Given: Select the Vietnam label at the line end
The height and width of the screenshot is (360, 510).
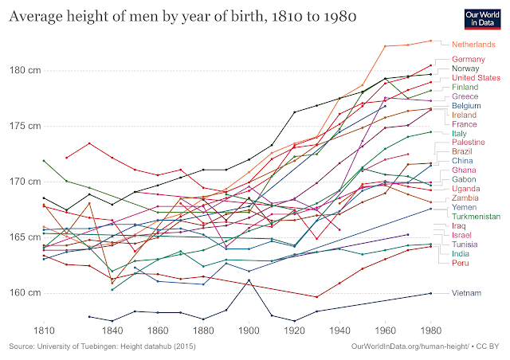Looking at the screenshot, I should pyautogui.click(x=468, y=293).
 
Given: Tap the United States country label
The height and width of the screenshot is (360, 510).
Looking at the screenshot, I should pyautogui.click(x=476, y=78).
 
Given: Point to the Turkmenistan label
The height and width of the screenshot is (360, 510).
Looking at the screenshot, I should pyautogui.click(x=476, y=216).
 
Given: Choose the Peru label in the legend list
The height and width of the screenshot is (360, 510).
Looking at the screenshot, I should pyautogui.click(x=461, y=263).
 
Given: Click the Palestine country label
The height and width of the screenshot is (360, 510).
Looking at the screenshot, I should pyautogui.click(x=469, y=142).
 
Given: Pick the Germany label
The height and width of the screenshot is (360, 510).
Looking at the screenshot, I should pyautogui.click(x=469, y=59).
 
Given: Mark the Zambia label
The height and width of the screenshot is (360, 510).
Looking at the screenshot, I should pyautogui.click(x=465, y=198).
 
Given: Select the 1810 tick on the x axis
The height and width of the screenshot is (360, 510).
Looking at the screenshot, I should pyautogui.click(x=43, y=330).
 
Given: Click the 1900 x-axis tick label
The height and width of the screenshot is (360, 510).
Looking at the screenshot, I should pyautogui.click(x=249, y=330).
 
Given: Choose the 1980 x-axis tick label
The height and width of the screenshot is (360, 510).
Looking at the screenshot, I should pyautogui.click(x=431, y=330).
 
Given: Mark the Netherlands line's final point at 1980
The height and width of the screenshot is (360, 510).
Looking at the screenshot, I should pyautogui.click(x=431, y=41).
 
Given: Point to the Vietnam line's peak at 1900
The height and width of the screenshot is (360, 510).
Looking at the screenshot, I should pyautogui.click(x=249, y=280).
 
